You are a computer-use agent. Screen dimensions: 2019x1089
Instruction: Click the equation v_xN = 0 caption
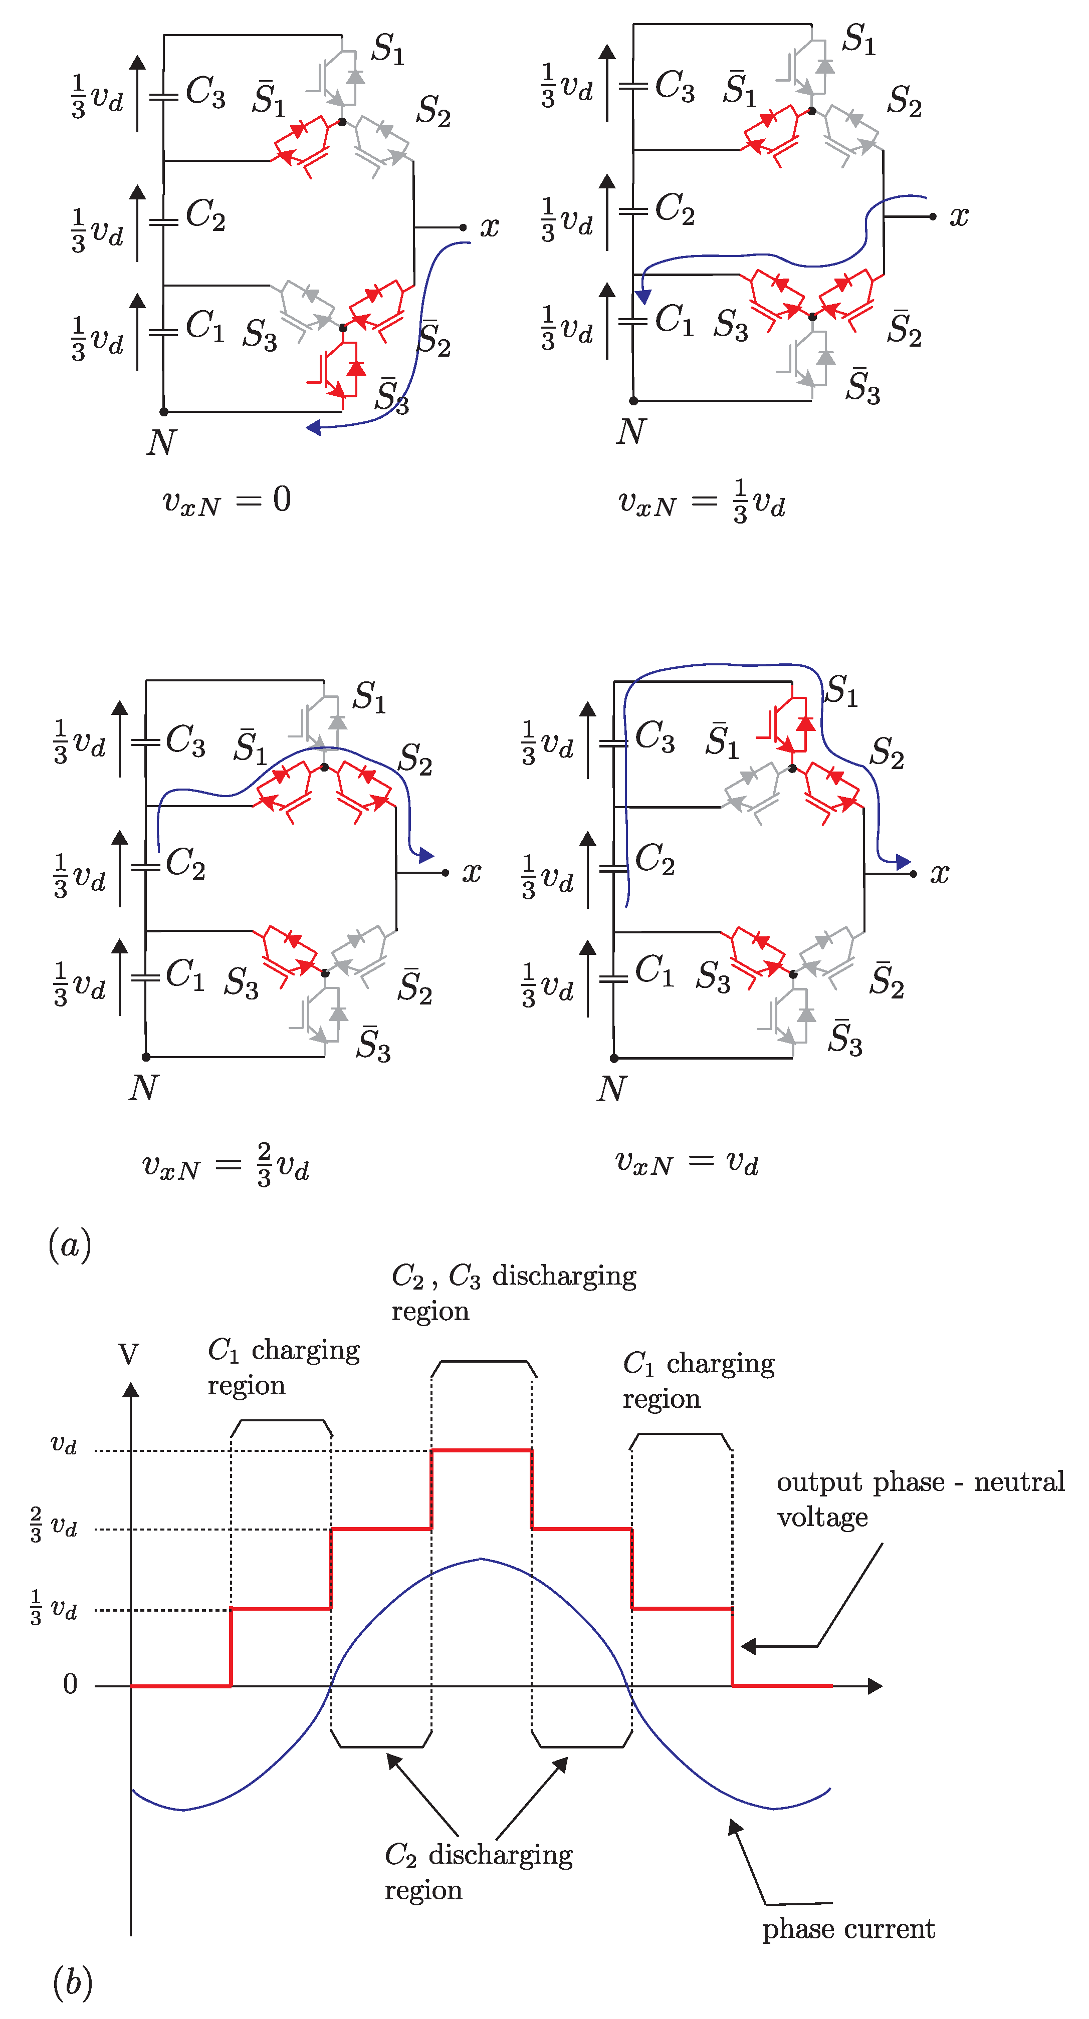click(x=226, y=500)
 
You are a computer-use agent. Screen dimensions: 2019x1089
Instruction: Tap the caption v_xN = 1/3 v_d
click(x=701, y=501)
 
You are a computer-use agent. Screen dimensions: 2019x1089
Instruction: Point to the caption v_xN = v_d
click(x=686, y=1161)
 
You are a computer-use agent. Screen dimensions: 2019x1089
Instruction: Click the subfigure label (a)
click(x=70, y=1244)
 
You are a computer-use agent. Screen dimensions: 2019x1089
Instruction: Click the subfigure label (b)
click(x=72, y=1981)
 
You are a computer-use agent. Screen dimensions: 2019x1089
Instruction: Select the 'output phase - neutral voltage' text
click(x=920, y=1498)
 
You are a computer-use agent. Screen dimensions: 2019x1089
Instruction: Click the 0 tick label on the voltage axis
click(x=71, y=1683)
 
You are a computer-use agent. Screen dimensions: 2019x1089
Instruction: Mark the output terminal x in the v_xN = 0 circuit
click(x=489, y=227)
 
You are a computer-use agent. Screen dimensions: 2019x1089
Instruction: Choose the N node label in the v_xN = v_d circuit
click(x=611, y=1089)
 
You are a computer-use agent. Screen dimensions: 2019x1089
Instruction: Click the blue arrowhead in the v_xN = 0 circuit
click(x=314, y=427)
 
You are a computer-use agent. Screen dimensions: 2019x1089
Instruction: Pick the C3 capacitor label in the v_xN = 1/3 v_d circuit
click(x=674, y=86)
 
